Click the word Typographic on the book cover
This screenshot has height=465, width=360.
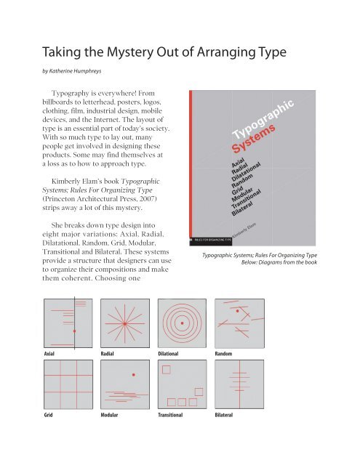[265, 119]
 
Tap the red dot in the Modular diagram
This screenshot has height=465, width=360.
[132, 375]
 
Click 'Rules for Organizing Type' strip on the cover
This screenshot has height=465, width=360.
[211, 238]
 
